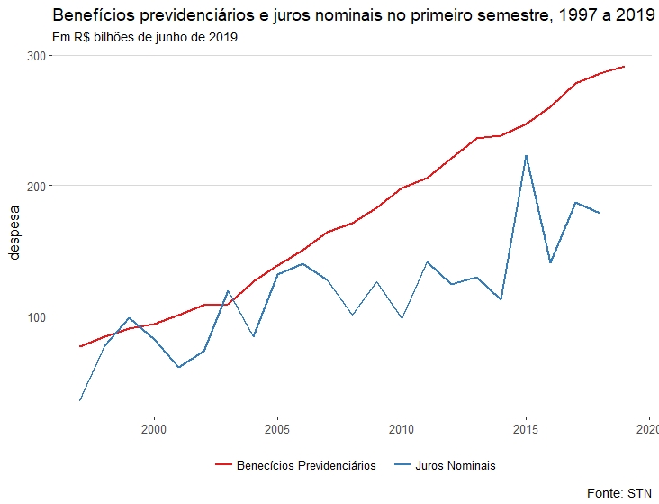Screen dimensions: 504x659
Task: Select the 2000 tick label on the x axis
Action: pos(154,429)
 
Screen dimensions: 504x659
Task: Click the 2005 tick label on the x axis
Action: pos(277,429)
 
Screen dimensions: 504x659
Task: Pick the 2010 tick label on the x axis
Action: pos(402,429)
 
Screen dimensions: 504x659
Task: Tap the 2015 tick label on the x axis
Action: pos(526,429)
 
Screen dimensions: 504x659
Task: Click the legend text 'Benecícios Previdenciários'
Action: pos(305,466)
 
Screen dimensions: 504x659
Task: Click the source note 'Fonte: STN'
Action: pos(618,492)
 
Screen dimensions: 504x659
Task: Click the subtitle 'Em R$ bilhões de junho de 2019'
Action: pos(145,38)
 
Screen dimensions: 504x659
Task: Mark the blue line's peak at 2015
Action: pos(526,156)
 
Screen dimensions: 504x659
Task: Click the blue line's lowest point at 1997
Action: pos(80,400)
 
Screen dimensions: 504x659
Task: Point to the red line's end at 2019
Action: pos(625,67)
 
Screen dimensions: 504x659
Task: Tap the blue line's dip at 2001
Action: pos(179,367)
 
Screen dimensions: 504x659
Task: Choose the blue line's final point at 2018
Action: pos(600,213)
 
